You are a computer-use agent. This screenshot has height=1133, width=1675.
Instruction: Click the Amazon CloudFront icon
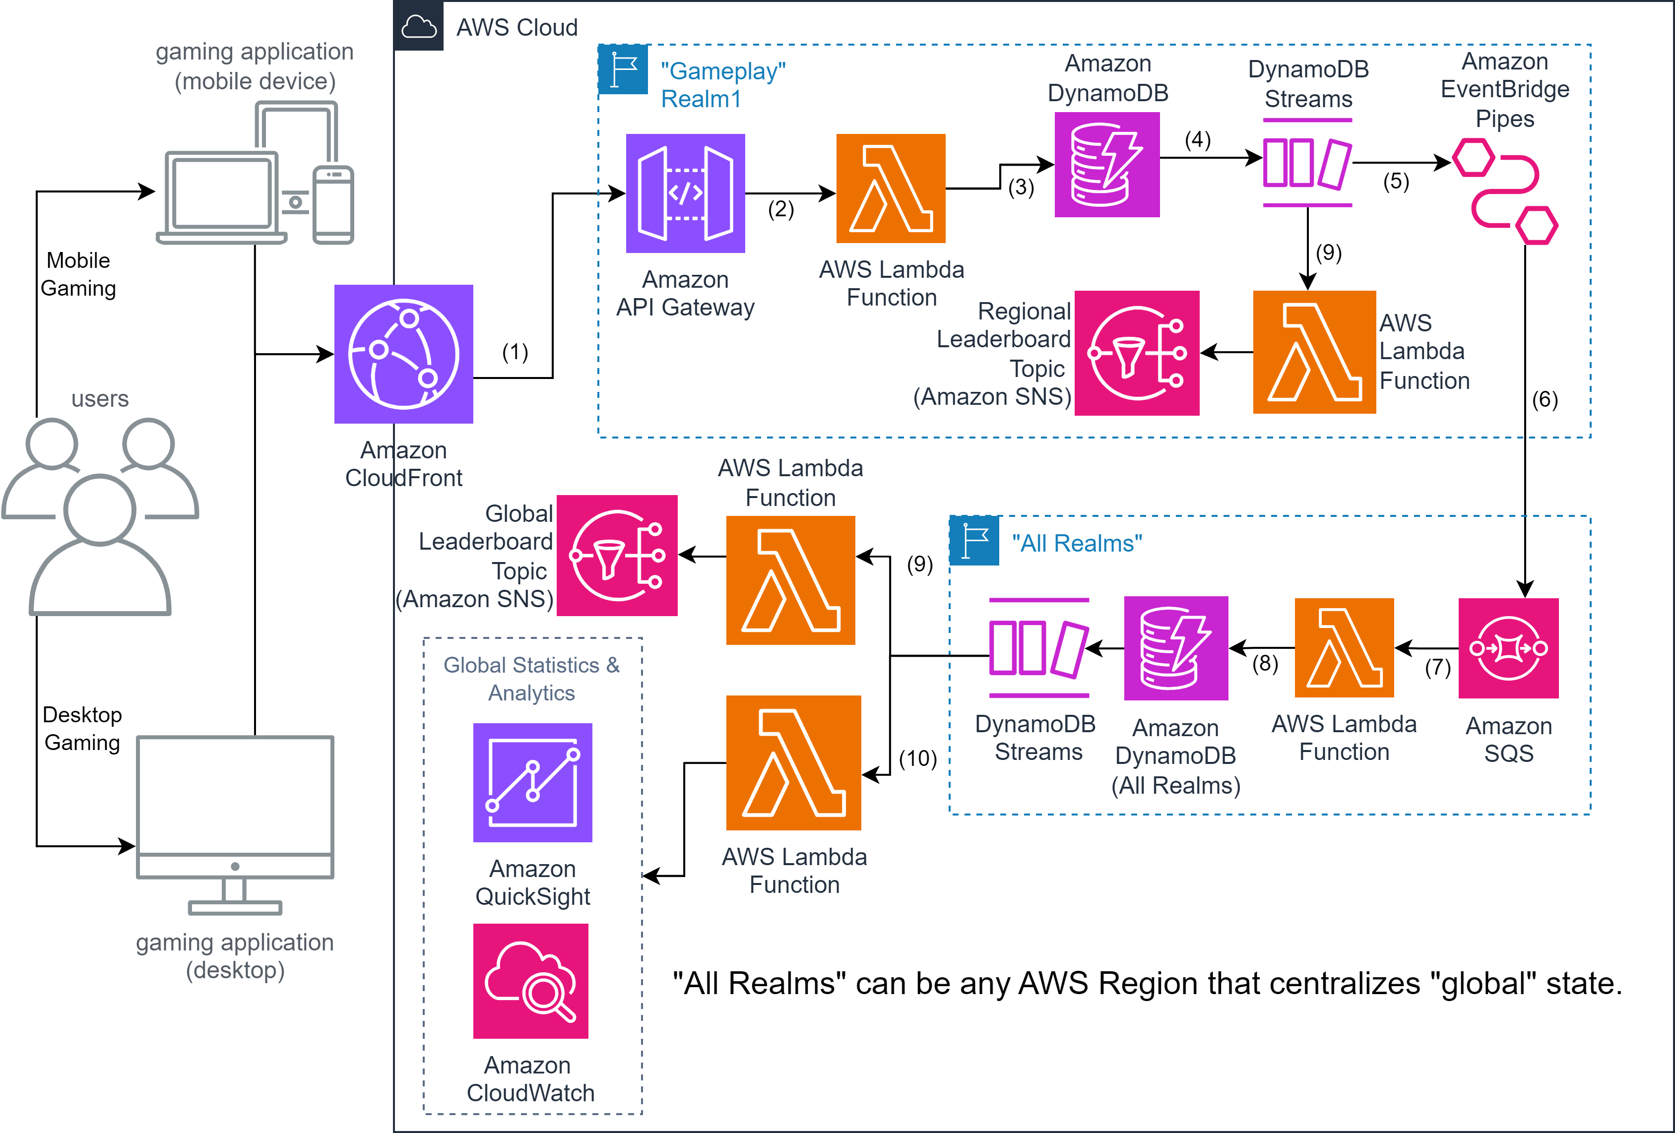point(403,354)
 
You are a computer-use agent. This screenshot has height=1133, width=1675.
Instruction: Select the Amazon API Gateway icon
point(685,193)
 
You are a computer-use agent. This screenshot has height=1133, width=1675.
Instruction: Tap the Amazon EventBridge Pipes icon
point(1505,191)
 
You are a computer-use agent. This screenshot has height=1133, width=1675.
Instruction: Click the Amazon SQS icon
point(1508,648)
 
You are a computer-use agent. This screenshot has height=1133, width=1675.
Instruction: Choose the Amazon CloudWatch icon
point(530,981)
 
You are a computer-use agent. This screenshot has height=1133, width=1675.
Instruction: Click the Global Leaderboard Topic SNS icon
point(617,555)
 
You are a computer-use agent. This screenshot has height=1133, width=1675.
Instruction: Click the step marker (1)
point(515,352)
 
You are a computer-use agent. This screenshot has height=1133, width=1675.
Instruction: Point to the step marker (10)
point(917,758)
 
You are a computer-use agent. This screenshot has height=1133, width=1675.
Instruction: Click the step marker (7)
point(1437,667)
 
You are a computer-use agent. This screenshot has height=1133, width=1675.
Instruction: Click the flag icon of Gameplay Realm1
point(623,70)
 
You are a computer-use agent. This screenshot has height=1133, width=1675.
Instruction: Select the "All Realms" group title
point(1076,544)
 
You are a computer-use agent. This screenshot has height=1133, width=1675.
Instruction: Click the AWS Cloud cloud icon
point(419,27)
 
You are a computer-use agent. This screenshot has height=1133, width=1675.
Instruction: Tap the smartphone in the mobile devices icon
point(333,205)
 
